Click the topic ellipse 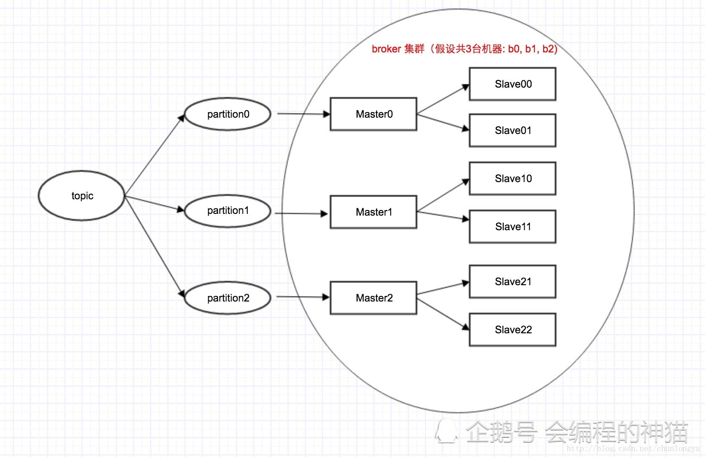(82, 196)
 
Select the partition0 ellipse (228, 114)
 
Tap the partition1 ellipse (228, 211)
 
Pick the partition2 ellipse (228, 298)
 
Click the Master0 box (374, 114)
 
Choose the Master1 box (374, 212)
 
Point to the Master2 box (374, 298)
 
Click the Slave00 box (513, 84)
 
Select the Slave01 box (513, 131)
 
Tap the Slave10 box (513, 179)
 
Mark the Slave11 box (513, 227)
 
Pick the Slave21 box (513, 282)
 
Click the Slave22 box (513, 330)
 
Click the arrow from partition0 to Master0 (303, 114)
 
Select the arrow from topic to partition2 (155, 247)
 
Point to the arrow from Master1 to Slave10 (443, 195)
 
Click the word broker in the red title (386, 49)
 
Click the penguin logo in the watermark (447, 431)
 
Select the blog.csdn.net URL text (633, 449)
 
